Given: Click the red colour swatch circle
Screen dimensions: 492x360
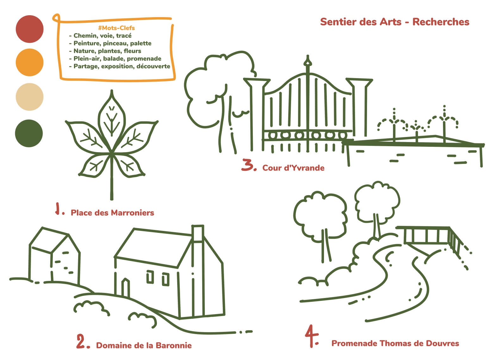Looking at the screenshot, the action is (x=30, y=29).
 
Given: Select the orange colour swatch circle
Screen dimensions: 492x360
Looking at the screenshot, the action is (x=30, y=62).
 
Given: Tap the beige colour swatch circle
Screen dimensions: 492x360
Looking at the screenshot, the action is (x=30, y=97).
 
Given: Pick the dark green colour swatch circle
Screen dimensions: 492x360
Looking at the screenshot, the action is (x=29, y=133).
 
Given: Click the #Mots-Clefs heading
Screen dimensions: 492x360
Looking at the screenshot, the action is (x=116, y=28).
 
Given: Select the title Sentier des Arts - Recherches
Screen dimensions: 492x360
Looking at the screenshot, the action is (x=395, y=22).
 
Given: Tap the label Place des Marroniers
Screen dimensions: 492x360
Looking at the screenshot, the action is (x=112, y=213).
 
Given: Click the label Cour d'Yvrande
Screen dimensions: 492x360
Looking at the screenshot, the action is (x=293, y=168).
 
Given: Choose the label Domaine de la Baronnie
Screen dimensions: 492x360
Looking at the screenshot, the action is (x=144, y=345).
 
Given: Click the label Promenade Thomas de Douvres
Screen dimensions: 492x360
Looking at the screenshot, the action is (x=395, y=343).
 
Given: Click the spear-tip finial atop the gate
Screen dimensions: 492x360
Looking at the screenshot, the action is (x=308, y=61).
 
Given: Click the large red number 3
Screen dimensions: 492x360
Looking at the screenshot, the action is (x=247, y=165).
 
